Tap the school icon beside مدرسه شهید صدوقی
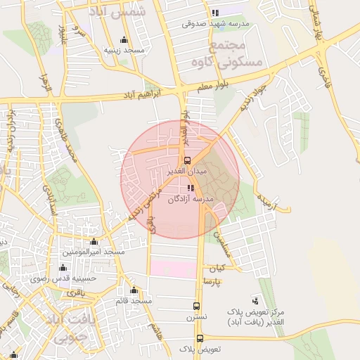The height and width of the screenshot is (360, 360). tap(214, 13)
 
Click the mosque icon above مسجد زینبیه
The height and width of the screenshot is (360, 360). tap(124, 39)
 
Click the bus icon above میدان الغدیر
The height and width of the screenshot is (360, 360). tap(186, 160)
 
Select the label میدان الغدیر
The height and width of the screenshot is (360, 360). tap(186, 171)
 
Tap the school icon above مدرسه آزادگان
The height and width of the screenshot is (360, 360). tap(190, 188)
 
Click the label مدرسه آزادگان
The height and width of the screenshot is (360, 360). tap(190, 199)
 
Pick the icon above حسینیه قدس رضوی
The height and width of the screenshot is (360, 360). tap(63, 267)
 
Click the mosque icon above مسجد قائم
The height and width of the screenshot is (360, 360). tap(134, 290)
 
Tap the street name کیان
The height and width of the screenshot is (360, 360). tap(216, 269)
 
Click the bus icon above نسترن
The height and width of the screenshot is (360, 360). tap(196, 306)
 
